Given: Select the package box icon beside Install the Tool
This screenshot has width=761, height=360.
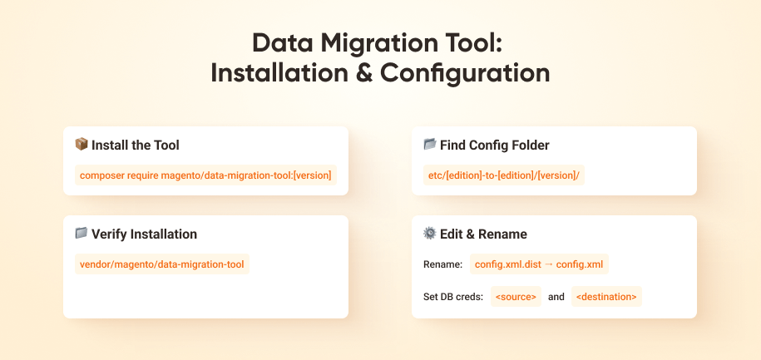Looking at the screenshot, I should point(82,145).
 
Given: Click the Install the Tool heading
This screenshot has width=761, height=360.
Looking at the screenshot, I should point(136,145).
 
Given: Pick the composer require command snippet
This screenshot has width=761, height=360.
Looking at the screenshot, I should point(205,175).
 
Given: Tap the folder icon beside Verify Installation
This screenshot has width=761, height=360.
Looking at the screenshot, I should point(82,234).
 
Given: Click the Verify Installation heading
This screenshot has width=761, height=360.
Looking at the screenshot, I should point(144,234).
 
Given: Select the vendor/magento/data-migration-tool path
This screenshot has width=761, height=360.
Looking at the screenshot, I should point(162,264).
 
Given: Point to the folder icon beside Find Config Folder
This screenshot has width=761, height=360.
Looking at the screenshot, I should point(430,145).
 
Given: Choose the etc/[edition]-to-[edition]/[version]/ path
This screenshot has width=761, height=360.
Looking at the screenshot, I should point(504,175).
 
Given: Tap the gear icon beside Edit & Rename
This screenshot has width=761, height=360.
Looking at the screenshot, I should point(430,234).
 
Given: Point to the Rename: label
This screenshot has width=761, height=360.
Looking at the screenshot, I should point(442,264).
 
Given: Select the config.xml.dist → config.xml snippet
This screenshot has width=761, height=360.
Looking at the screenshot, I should point(539,264).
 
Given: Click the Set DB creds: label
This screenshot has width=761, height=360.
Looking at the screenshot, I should point(453,296).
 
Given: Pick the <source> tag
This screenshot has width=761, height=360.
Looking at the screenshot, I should point(516,296).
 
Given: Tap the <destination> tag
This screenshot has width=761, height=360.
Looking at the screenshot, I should point(606,296).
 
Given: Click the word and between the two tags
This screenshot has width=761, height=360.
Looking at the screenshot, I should point(556,296).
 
